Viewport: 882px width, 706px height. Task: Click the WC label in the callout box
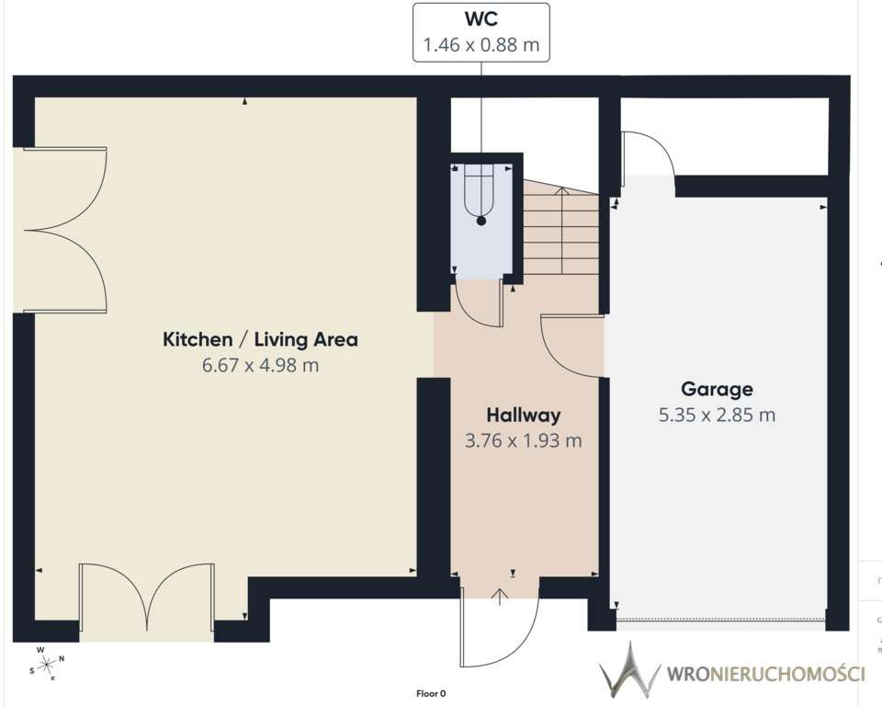point(481,18)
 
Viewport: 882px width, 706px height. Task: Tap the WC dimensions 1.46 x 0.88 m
point(481,44)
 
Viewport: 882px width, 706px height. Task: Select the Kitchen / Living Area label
point(260,339)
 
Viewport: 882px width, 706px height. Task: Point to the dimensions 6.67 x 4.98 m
point(260,365)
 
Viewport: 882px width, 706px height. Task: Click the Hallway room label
point(523,415)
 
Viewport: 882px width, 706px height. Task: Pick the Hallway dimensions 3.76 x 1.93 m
point(523,440)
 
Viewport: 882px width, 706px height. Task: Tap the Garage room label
point(717,389)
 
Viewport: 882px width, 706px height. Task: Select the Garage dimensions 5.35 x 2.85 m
point(717,415)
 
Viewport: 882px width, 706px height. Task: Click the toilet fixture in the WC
point(481,194)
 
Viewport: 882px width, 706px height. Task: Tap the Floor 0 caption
point(431,694)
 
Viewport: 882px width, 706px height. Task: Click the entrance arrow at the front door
point(500,597)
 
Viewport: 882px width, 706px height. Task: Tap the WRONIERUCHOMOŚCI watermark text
point(765,674)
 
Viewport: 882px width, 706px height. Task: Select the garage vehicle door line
point(721,621)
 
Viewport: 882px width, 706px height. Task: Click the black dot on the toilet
point(481,222)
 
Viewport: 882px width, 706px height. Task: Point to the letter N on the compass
point(62,658)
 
